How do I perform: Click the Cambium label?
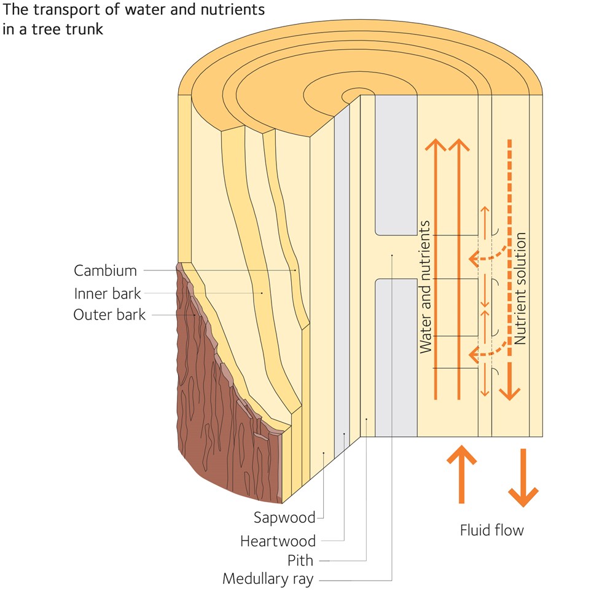point(105,270)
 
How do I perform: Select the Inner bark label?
point(107,293)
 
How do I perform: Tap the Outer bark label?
point(109,315)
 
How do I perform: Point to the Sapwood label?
point(284,517)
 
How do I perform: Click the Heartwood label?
point(278,541)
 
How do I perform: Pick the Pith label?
point(300,560)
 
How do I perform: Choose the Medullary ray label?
point(268,579)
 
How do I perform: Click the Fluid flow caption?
point(491,530)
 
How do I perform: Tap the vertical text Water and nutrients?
point(426,286)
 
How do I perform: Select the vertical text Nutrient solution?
point(522,288)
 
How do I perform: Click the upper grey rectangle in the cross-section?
point(396,166)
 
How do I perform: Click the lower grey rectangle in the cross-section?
point(396,356)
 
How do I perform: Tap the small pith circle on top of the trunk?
point(354,95)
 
